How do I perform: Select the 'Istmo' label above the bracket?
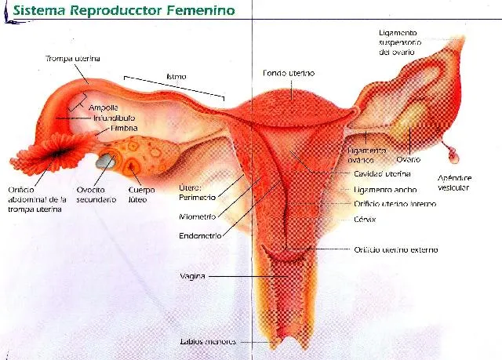coord(176,77)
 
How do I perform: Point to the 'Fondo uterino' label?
coord(289,73)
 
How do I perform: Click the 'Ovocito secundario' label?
coord(91,195)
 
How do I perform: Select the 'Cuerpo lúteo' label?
coord(141,195)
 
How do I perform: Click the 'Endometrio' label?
coord(199,234)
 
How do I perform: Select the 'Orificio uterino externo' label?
coord(392,249)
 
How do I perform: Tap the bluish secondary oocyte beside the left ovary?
coord(105,162)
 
